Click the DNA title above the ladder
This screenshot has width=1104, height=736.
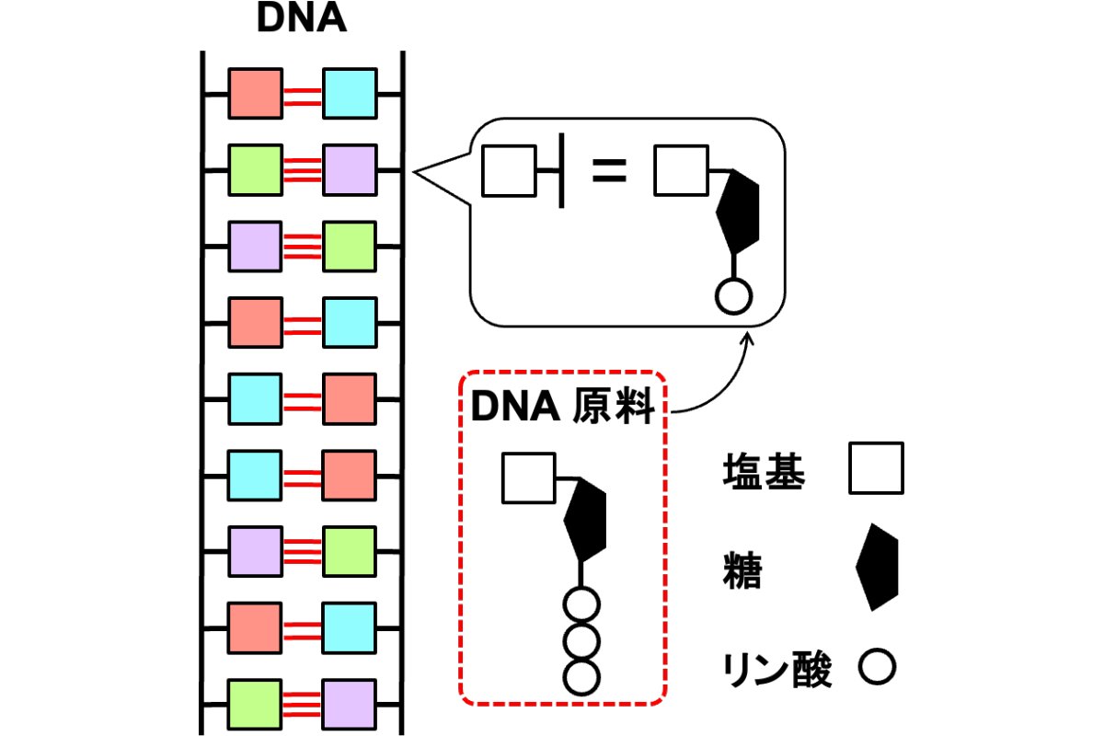[302, 18]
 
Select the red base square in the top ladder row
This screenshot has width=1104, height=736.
[256, 94]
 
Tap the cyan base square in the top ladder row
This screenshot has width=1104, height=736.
[350, 94]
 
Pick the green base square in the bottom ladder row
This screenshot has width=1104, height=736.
[255, 705]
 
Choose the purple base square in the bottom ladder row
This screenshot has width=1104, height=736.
[350, 705]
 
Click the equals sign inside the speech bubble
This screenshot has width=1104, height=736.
[609, 170]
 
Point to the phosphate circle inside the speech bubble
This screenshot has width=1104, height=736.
[733, 297]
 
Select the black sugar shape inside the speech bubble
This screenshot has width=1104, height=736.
[738, 212]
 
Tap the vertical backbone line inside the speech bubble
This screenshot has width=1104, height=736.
[561, 170]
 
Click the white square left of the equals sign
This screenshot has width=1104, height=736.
[509, 171]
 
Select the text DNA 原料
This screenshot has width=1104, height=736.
[563, 407]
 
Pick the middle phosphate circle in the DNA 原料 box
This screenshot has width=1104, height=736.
[581, 642]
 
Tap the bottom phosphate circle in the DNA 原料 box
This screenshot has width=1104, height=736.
[581, 678]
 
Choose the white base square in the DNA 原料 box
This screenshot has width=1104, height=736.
[529, 478]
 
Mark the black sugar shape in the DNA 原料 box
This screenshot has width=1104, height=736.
[585, 519]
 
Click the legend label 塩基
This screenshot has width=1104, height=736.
[764, 471]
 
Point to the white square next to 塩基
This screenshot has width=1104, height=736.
[876, 468]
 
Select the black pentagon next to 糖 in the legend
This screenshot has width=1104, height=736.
[877, 567]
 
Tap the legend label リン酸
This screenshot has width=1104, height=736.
[776, 670]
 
